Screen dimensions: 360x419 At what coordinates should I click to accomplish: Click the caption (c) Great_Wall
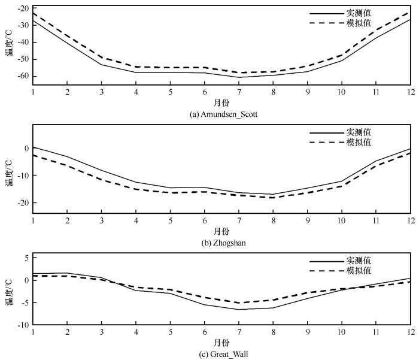(221, 353)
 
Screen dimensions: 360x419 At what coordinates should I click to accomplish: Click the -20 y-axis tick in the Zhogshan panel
(23, 202)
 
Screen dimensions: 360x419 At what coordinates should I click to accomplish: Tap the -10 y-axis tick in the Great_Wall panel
(23, 325)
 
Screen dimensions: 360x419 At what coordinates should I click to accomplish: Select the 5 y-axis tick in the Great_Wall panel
(27, 258)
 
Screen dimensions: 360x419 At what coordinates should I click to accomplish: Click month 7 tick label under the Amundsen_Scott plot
(239, 92)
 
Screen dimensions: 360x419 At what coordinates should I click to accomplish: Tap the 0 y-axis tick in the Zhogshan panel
(27, 149)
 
